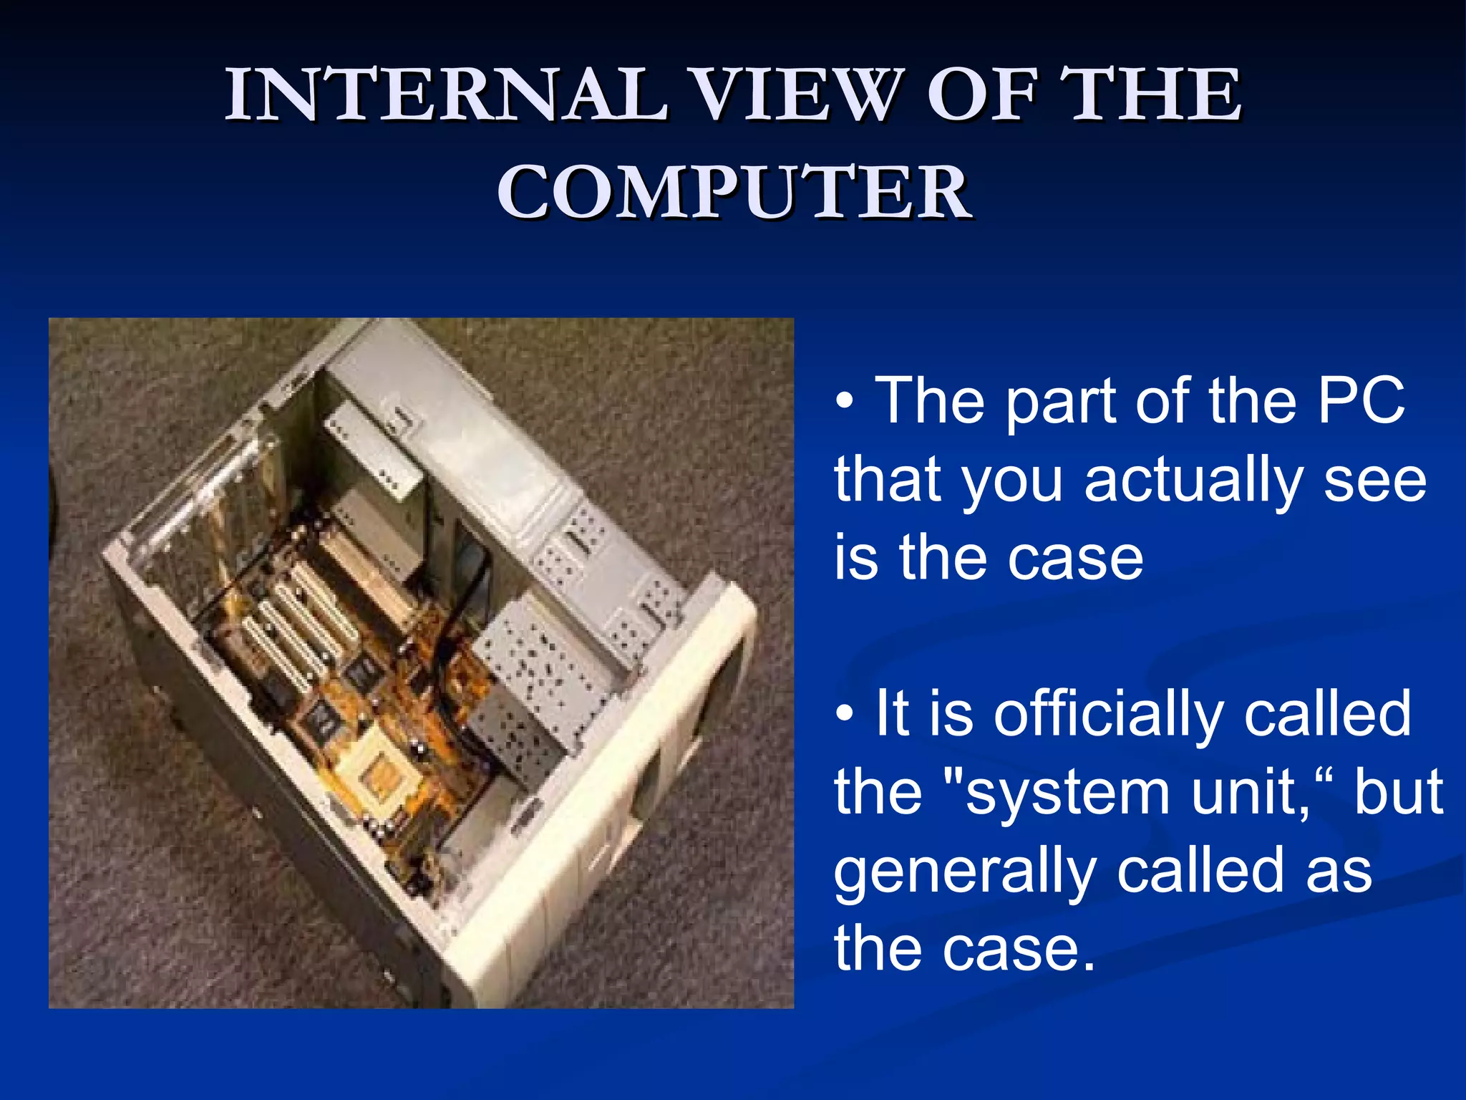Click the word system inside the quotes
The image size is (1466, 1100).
pyautogui.click(x=1067, y=793)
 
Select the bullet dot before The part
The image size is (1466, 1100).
pyautogui.click(x=845, y=402)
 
